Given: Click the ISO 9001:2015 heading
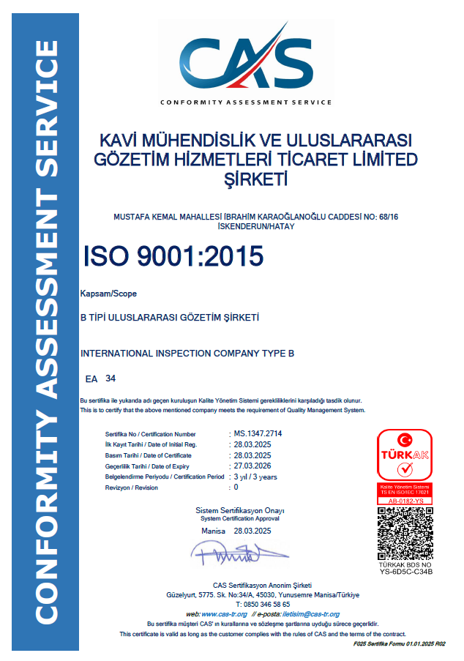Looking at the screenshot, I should point(173,256).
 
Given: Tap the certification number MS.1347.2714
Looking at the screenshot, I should point(258,434).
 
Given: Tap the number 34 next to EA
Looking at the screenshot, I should point(111,378).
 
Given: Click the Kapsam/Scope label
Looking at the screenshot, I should point(108,294).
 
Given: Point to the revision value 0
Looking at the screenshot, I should point(235,487).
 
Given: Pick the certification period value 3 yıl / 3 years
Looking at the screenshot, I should point(255,477).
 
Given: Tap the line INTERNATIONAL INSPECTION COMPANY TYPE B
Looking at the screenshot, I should point(187,354).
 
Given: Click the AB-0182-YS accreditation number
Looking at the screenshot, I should point(404,501).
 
